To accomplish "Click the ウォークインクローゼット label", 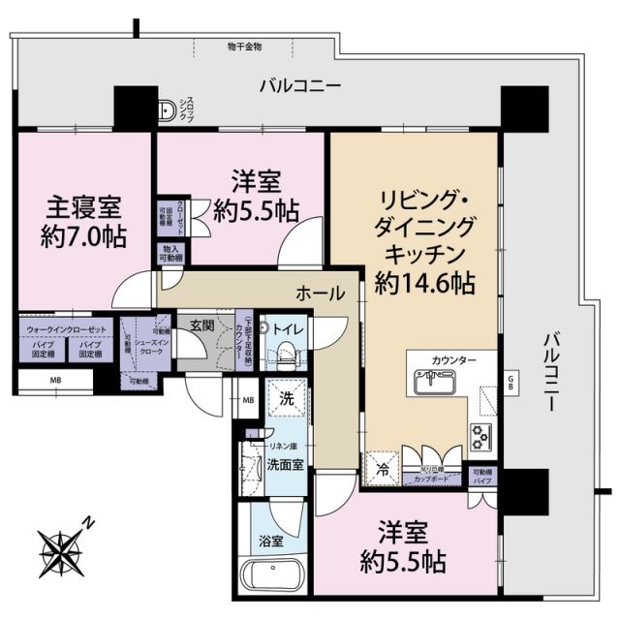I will point(66,327).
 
